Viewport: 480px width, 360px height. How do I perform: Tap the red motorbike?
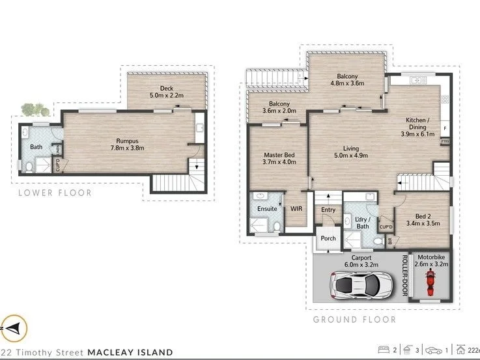(430, 282)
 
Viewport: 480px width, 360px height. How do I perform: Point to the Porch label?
(328, 238)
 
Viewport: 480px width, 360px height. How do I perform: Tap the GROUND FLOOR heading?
(354, 320)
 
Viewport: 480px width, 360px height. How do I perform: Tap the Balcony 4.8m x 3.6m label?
(344, 80)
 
